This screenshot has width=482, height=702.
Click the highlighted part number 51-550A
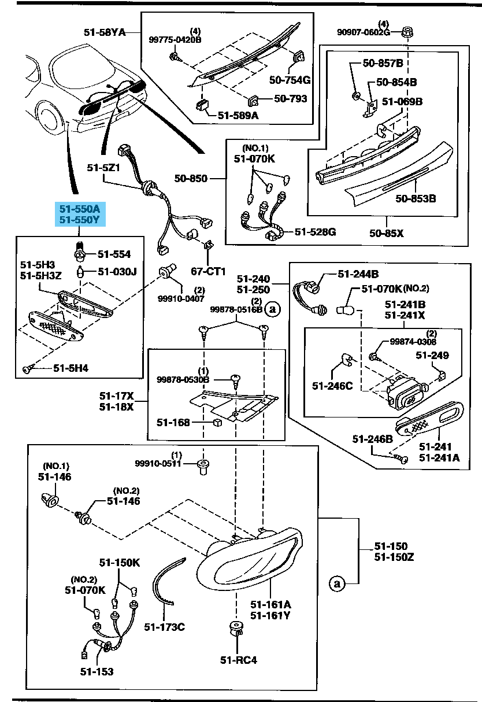pos(78,208)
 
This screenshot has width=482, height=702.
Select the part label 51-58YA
pos(104,32)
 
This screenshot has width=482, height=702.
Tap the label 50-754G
pos(290,79)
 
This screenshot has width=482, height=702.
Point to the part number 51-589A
pos(238,115)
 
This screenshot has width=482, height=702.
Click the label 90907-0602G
pos(364,32)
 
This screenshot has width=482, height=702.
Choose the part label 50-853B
pos(416,198)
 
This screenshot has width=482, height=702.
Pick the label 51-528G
pos(315,232)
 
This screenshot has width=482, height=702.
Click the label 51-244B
pos(358,274)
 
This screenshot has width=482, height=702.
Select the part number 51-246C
pos(333,385)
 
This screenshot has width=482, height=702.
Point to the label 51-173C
pos(164,626)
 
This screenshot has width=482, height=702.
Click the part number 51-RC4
pos(238,660)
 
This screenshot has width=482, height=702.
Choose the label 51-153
pos(97,671)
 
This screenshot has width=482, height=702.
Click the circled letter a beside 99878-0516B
pos(273,309)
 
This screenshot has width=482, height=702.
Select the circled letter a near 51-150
pos(336,583)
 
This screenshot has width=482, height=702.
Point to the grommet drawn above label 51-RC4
pos(235,628)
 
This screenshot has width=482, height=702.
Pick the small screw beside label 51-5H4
pos(28,368)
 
